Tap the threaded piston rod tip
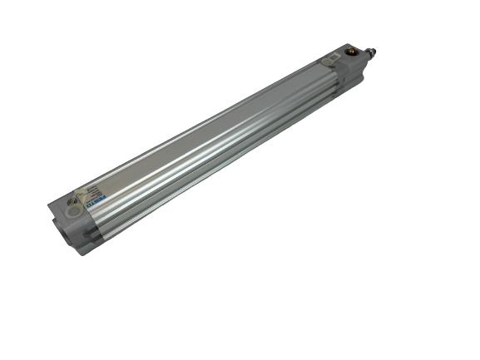pyautogui.click(x=371, y=53)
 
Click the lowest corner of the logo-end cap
pyautogui.click(x=80, y=253)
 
